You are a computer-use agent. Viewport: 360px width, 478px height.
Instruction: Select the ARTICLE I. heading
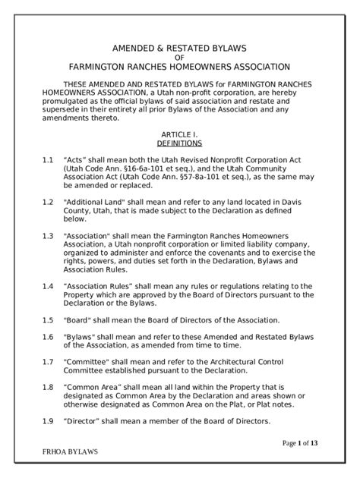click(x=179, y=133)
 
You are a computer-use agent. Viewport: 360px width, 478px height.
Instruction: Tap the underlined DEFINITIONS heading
click(x=179, y=142)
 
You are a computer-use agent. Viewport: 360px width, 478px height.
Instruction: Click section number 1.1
click(x=48, y=161)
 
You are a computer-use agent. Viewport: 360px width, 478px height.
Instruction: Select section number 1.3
click(x=48, y=235)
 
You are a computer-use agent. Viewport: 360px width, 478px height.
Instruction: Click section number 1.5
click(x=48, y=319)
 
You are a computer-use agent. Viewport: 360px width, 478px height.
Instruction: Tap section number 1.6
click(x=48, y=336)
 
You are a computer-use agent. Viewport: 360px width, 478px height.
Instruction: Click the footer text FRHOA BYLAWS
click(x=71, y=451)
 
